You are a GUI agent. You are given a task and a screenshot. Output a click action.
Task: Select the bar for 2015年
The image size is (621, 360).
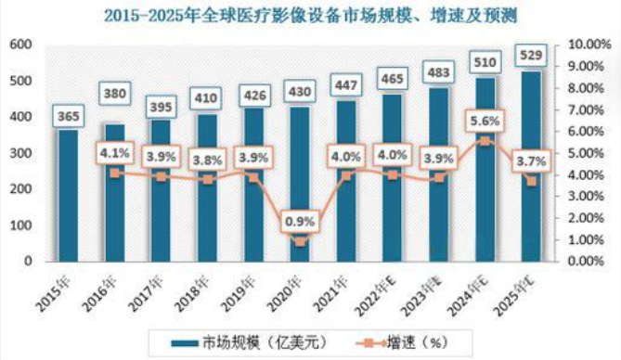[69, 196]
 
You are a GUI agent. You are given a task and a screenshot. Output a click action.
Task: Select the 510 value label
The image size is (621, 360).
[484, 63]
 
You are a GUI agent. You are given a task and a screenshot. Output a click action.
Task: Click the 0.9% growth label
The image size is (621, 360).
[299, 221]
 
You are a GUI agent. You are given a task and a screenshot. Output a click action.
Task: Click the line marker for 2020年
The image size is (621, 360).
[299, 241]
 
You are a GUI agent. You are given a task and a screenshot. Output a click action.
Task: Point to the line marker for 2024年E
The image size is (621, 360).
[484, 140]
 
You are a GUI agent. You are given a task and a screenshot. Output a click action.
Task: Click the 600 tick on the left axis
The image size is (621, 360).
[20, 45]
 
